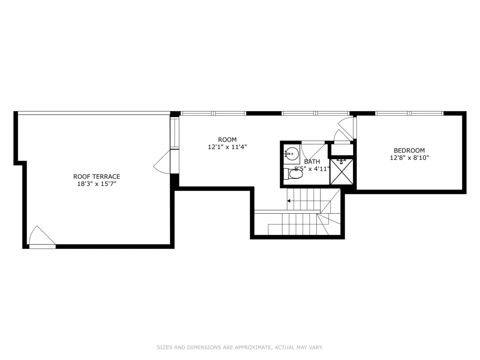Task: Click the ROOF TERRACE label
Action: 96,176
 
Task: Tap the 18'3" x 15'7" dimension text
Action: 96,184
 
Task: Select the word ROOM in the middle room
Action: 227,140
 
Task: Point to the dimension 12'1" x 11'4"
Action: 227,147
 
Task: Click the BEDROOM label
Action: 409,150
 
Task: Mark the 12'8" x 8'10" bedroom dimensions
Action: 409,158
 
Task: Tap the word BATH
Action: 312,162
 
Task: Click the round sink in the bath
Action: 292,153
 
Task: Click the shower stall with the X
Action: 342,172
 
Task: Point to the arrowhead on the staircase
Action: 289,201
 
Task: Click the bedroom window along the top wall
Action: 409,113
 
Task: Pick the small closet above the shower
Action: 341,150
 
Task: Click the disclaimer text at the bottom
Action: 240,348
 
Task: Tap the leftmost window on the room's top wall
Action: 197,113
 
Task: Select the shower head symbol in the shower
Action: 341,162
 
